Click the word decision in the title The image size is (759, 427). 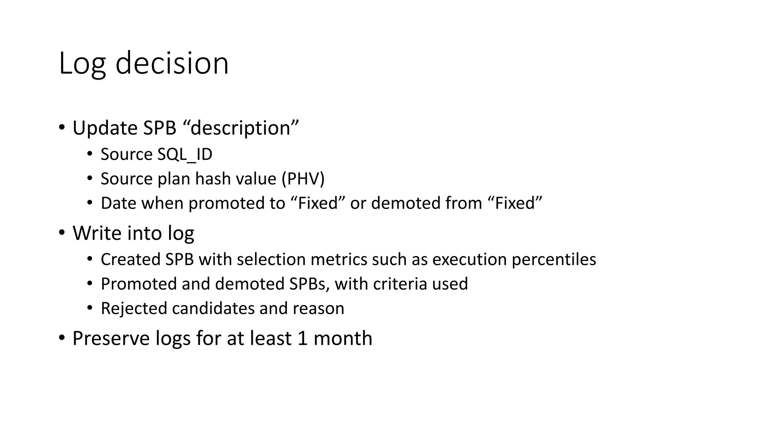pyautogui.click(x=172, y=63)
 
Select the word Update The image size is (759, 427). pyautogui.click(x=105, y=128)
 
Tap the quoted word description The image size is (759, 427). pyautogui.click(x=241, y=128)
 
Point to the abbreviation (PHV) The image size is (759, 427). pyautogui.click(x=303, y=179)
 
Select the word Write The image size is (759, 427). pyautogui.click(x=97, y=233)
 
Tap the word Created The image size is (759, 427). pyautogui.click(x=130, y=259)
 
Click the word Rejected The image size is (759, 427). pyautogui.click(x=134, y=308)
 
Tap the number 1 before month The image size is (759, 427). pyautogui.click(x=302, y=338)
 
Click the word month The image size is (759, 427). pyautogui.click(x=342, y=338)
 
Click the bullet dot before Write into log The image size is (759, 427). pyautogui.click(x=62, y=233)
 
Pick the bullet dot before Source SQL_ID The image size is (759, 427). pyautogui.click(x=90, y=154)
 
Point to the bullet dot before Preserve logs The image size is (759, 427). pyautogui.click(x=62, y=338)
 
